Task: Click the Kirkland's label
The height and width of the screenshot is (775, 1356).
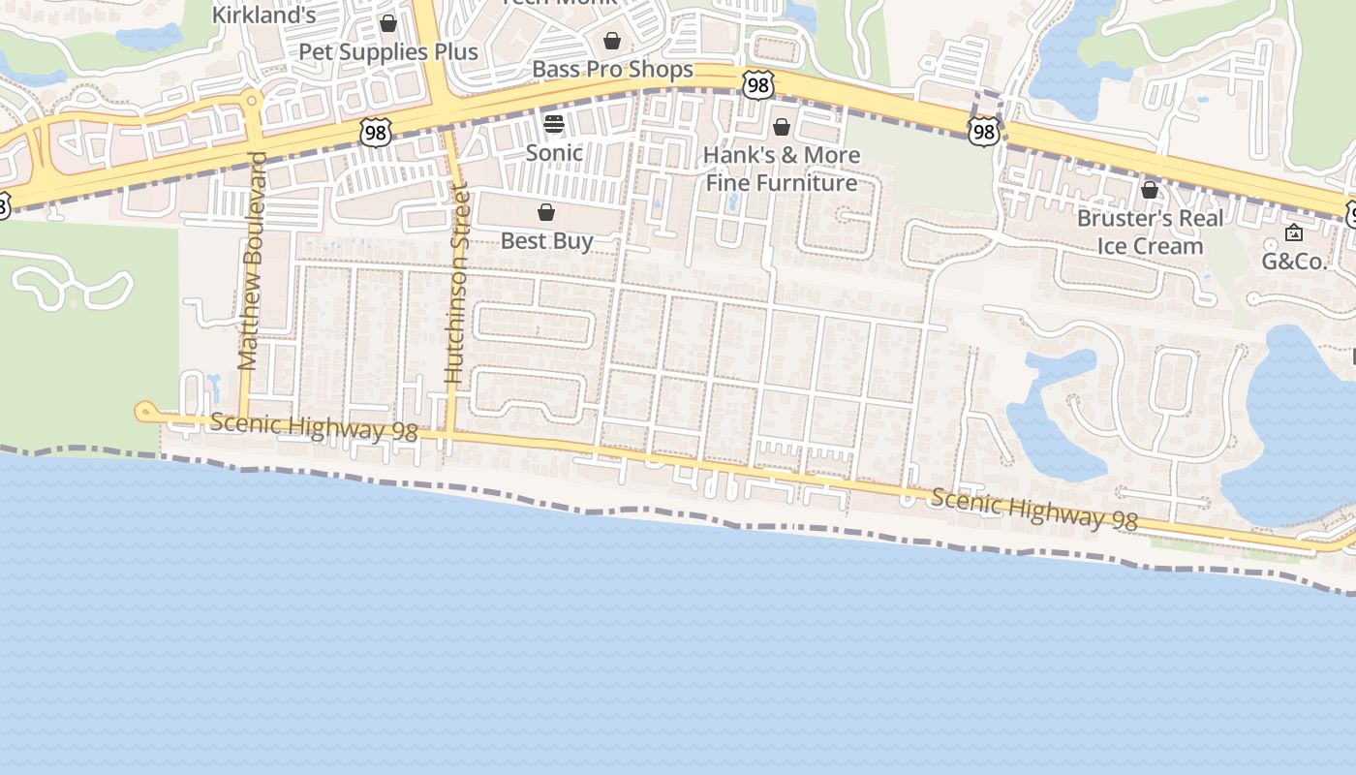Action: [x=263, y=15]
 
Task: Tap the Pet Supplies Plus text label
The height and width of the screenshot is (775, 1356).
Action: [x=388, y=51]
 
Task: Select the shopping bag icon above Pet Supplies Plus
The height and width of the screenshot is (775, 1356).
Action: [x=388, y=23]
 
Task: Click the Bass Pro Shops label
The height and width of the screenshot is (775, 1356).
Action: [x=612, y=69]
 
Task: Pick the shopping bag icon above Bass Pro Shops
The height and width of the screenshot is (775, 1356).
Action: [x=612, y=41]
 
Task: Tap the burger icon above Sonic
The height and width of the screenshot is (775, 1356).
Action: [x=554, y=124]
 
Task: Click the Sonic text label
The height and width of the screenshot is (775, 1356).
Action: [x=554, y=152]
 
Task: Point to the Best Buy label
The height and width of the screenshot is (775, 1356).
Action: [x=546, y=240]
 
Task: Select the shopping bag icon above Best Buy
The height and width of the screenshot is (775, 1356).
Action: [x=546, y=212]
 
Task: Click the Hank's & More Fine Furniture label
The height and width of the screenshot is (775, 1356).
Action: [x=782, y=169]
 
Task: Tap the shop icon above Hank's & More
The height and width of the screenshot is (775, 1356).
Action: [x=782, y=127]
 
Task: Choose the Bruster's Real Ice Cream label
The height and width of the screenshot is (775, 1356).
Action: [x=1151, y=232]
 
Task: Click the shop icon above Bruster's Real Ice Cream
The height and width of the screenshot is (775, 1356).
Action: [x=1150, y=190]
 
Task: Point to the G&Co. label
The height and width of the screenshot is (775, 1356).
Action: [x=1293, y=261]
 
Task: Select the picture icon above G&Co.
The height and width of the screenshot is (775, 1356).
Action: [x=1293, y=232]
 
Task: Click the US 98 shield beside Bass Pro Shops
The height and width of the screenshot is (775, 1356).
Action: [x=758, y=85]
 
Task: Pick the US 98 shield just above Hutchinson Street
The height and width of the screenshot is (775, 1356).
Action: [x=375, y=133]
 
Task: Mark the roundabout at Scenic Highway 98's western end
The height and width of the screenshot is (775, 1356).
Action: [x=145, y=412]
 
